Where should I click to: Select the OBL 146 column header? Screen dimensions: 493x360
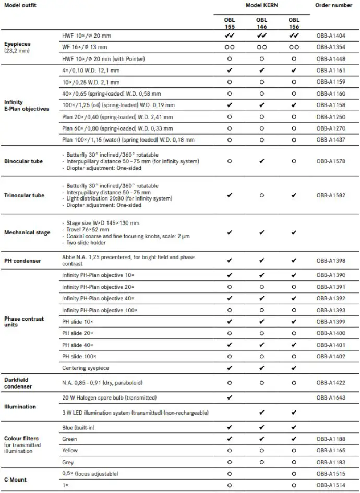click(x=261, y=23)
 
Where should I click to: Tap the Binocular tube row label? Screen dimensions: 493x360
click(x=23, y=161)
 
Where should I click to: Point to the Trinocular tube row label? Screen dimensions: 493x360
click(x=24, y=195)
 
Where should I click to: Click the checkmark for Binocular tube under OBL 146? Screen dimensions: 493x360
click(x=261, y=161)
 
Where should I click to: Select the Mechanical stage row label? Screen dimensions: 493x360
click(x=27, y=232)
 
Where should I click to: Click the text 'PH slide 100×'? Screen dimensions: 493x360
click(x=80, y=356)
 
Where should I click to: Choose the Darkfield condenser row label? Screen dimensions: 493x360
click(x=18, y=383)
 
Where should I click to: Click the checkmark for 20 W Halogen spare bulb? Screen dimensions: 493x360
click(x=230, y=398)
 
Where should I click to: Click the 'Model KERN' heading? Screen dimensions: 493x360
click(x=261, y=5)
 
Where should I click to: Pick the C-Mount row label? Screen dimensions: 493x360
click(x=15, y=479)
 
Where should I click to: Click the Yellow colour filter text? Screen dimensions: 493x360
click(x=70, y=450)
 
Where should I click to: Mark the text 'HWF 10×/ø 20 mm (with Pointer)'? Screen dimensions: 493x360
click(x=103, y=58)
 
